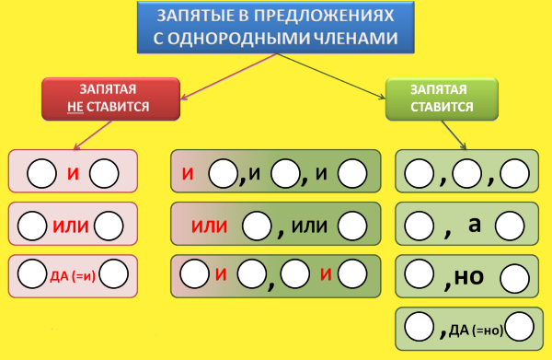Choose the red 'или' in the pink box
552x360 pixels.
(73, 224)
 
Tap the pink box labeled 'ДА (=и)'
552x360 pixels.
(73, 275)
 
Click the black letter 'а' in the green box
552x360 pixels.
(475, 223)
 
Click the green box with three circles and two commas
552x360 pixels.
(467, 172)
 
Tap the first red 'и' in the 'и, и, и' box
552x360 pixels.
(187, 172)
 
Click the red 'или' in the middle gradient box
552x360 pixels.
(209, 225)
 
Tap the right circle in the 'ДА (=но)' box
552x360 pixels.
(519, 327)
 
